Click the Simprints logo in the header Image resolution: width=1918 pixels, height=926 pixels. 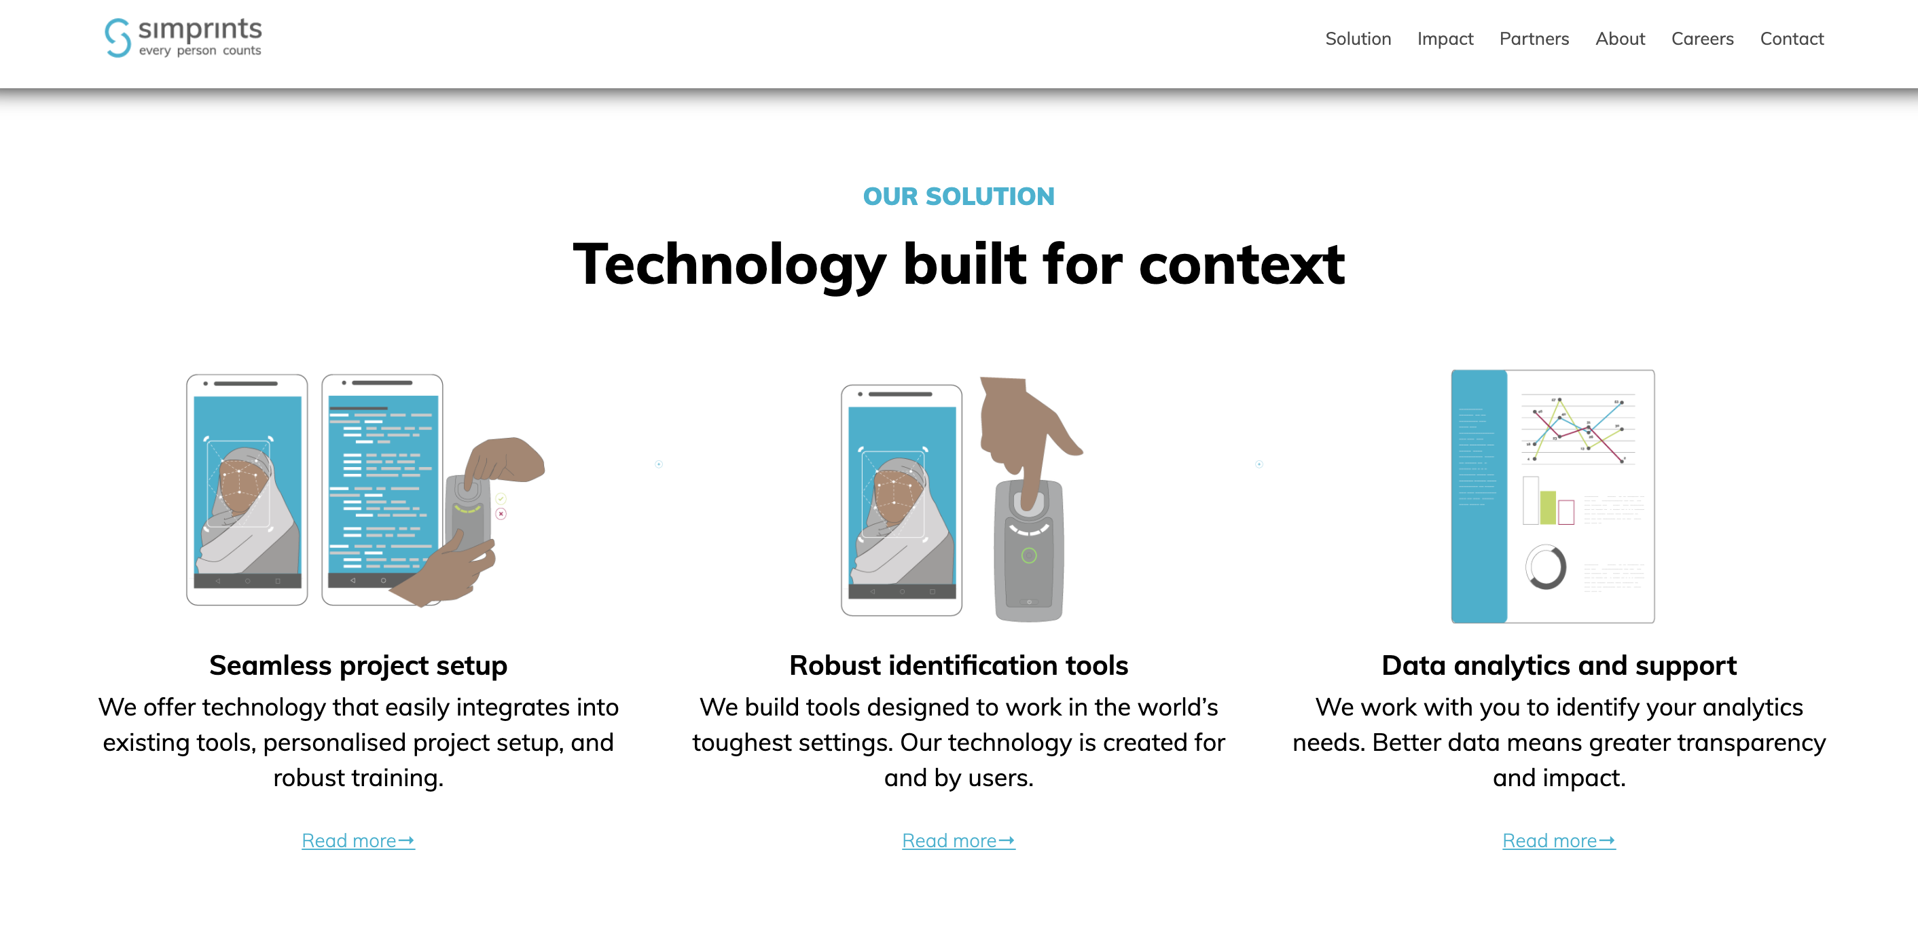[x=183, y=37]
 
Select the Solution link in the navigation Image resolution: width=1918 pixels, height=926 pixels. [x=1358, y=39]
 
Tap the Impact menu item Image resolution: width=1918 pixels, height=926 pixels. [x=1445, y=39]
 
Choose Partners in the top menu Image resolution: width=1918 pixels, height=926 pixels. [x=1534, y=39]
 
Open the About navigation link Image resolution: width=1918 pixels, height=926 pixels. [x=1619, y=39]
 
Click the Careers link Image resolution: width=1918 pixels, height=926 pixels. [x=1702, y=39]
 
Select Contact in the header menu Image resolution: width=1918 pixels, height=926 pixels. [x=1792, y=39]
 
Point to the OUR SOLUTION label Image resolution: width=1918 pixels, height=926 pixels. [x=958, y=196]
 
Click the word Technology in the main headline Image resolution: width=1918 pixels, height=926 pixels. [x=729, y=265]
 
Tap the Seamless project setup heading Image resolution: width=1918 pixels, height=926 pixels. [x=358, y=665]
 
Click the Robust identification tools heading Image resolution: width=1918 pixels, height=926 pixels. [x=958, y=665]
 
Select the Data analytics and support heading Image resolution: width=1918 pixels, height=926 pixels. [x=1559, y=665]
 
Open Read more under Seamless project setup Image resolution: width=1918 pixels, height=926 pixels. [x=358, y=840]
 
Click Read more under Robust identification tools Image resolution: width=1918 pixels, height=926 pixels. [x=958, y=840]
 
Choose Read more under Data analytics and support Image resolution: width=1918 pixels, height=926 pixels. [x=1559, y=840]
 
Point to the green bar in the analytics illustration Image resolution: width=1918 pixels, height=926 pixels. [x=1548, y=507]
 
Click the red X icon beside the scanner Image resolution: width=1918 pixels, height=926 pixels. [x=501, y=514]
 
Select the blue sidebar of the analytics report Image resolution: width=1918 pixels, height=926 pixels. [x=1479, y=496]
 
